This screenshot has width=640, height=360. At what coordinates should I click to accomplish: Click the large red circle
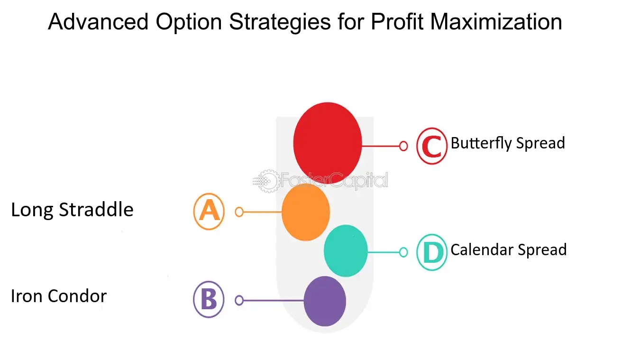click(328, 143)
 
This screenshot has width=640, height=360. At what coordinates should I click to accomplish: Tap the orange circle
click(306, 212)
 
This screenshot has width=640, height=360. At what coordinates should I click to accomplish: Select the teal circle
click(346, 251)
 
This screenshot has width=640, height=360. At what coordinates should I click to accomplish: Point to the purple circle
click(325, 301)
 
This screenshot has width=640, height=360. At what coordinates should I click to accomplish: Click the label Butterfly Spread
click(508, 143)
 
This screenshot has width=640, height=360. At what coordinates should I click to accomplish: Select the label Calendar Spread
click(509, 250)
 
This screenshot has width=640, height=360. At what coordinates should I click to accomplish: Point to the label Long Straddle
click(72, 210)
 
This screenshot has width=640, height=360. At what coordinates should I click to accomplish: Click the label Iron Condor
click(59, 296)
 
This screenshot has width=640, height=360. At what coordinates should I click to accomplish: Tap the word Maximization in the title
click(496, 21)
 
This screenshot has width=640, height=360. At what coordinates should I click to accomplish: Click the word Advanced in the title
click(98, 21)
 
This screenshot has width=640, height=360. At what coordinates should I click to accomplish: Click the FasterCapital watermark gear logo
click(267, 181)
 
